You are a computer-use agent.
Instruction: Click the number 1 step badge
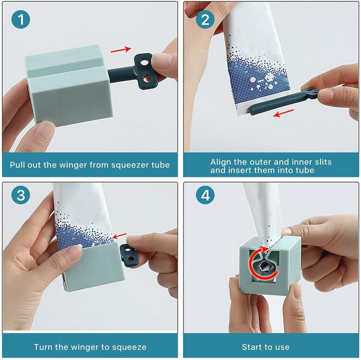pos(21,19)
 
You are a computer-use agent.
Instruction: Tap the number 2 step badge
pos(205,19)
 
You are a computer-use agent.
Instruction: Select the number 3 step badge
pos(21,195)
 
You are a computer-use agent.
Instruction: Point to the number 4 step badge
pos(205,195)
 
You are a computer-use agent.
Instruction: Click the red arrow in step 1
pos(121,49)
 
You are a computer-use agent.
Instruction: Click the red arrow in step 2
pos(283,113)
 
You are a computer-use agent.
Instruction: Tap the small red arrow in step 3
pos(120,236)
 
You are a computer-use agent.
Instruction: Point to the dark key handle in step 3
pos(128,256)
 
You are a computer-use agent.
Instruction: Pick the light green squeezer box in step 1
pos(69,85)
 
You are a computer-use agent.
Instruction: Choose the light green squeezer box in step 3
pos(94,266)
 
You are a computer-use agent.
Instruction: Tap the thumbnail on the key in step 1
pos(163,61)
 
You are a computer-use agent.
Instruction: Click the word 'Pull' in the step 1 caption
pos(17,165)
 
